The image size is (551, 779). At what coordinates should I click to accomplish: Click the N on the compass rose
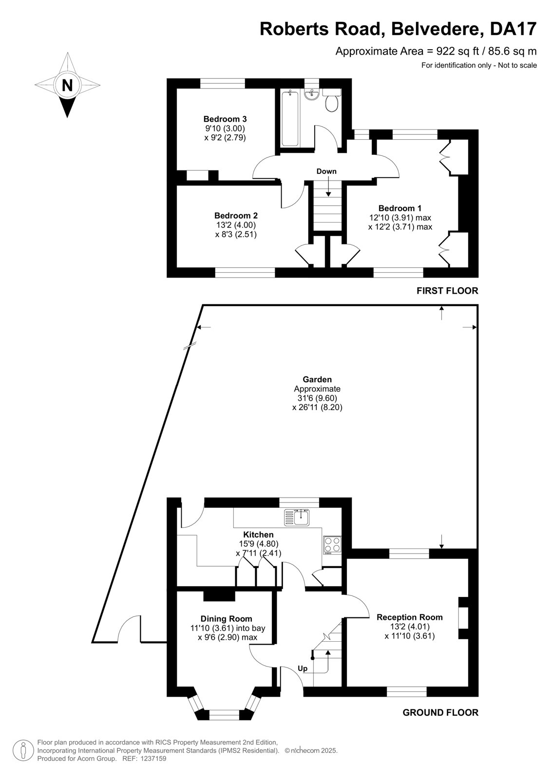coord(67,85)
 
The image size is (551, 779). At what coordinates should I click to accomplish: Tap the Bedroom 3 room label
coord(225,119)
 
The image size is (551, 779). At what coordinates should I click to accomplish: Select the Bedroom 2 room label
coord(236,216)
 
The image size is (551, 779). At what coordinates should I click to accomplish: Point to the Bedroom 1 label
coord(400,208)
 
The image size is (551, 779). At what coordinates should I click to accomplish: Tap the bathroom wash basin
coord(312,94)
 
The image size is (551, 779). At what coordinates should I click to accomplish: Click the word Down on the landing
coord(326,171)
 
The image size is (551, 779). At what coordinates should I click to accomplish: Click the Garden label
coord(317,379)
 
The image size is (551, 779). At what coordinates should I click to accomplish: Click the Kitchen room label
coord(258,535)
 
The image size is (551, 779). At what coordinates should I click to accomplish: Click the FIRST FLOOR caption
coord(447,291)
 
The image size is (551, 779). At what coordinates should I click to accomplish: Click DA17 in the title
coord(513,29)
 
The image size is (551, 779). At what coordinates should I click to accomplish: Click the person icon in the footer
coord(23,751)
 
